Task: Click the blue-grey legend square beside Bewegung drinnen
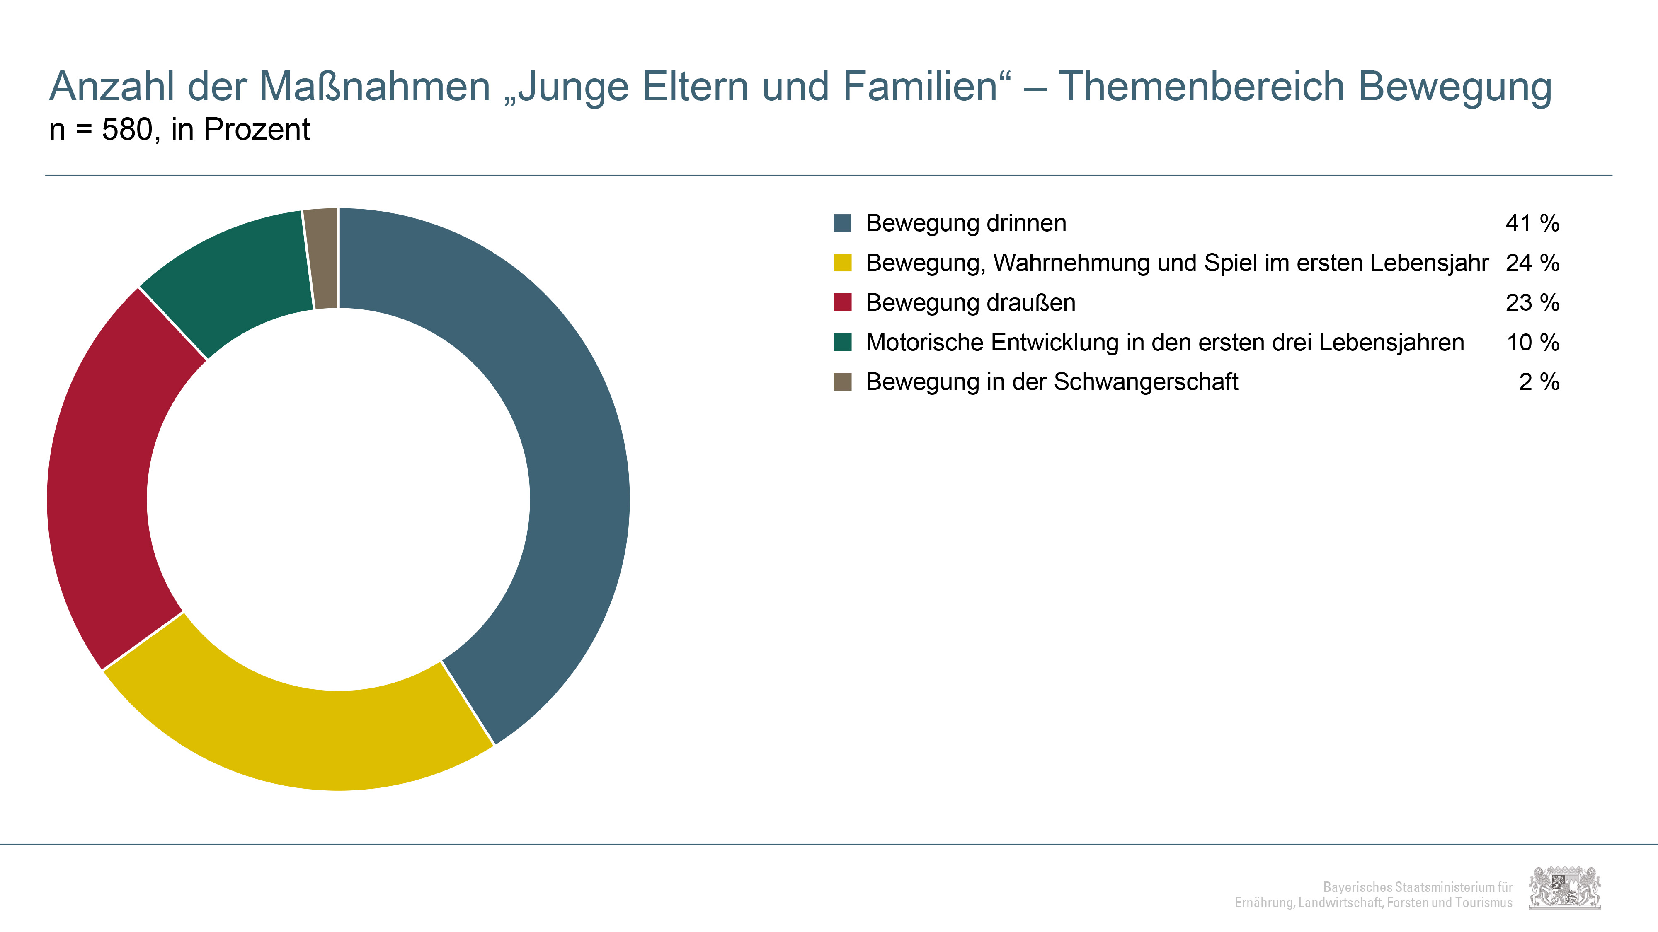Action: pos(842,223)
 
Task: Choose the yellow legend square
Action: pos(842,263)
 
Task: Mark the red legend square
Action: pos(842,302)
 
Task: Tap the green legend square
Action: pos(842,342)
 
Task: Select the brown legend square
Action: pos(842,381)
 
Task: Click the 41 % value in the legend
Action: pos(1532,223)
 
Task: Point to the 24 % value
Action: pos(1532,263)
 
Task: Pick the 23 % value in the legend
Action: pos(1532,302)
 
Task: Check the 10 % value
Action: pos(1532,342)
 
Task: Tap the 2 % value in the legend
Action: pos(1539,381)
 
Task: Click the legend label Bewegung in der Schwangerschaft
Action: pos(1052,382)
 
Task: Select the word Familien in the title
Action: pos(920,86)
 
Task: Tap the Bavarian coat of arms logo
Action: pos(1565,888)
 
